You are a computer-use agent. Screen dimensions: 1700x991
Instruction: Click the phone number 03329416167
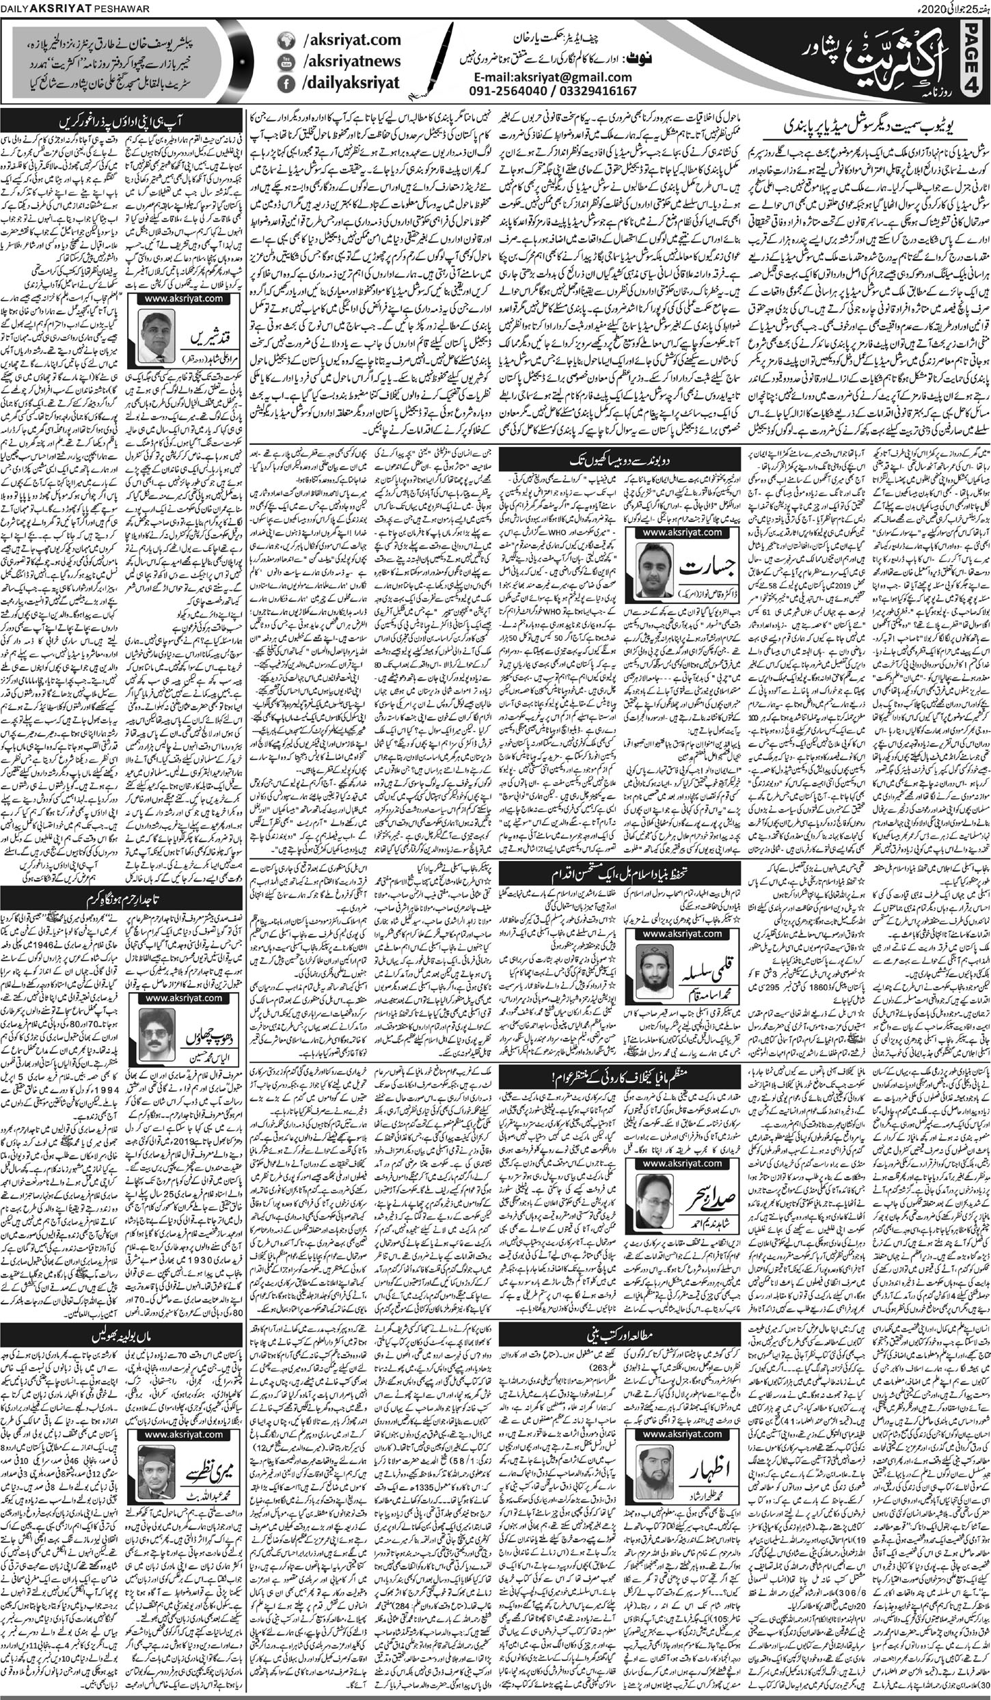tap(595, 91)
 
